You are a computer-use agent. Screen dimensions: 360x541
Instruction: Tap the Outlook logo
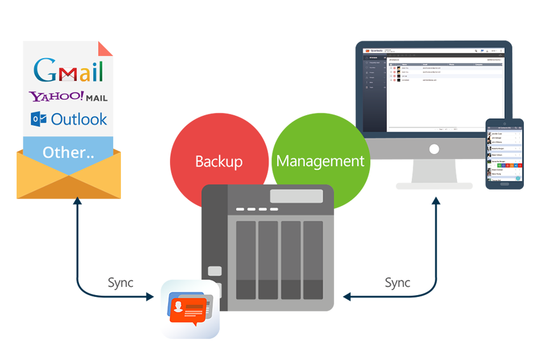[69, 119]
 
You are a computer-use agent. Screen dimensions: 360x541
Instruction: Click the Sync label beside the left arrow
[121, 282]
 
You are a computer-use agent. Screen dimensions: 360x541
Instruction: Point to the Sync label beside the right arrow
[398, 282]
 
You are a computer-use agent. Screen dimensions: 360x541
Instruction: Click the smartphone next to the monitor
[505, 153]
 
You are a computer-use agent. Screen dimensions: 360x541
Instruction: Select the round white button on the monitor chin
[434, 149]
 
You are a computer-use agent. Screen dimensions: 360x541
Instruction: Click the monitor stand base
[434, 186]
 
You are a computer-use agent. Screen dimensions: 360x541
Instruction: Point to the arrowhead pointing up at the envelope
[78, 202]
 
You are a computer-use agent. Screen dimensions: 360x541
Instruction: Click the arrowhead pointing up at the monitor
[436, 201]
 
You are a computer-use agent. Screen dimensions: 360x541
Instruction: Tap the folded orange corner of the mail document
[106, 48]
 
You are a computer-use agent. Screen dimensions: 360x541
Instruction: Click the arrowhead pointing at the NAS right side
[346, 296]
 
